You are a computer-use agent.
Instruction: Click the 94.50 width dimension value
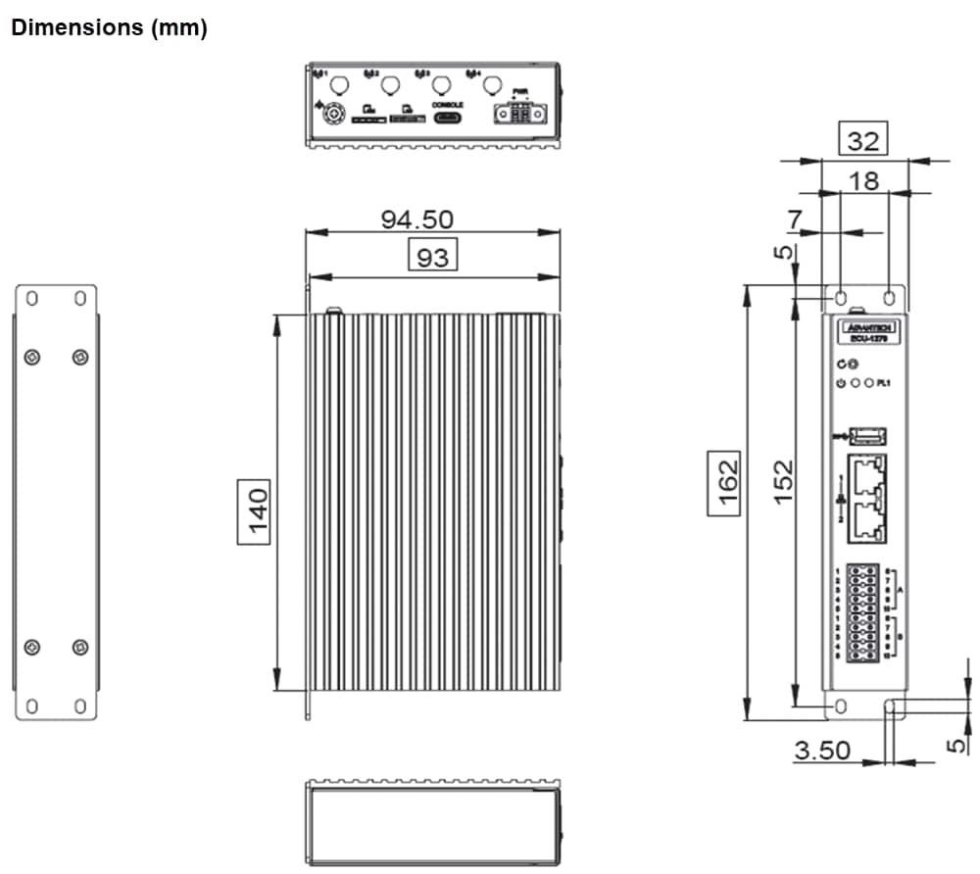(416, 218)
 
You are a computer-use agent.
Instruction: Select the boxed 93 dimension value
(433, 257)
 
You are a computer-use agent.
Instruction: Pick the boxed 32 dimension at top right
(862, 141)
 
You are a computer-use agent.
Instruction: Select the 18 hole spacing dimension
(863, 180)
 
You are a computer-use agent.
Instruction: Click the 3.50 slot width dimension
(822, 751)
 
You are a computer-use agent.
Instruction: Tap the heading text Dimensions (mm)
(108, 28)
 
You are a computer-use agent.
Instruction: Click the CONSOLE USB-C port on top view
(447, 118)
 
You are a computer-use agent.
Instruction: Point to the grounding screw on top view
(333, 115)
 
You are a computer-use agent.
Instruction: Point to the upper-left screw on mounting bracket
(32, 357)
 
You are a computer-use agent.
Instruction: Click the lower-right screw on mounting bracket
(80, 647)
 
